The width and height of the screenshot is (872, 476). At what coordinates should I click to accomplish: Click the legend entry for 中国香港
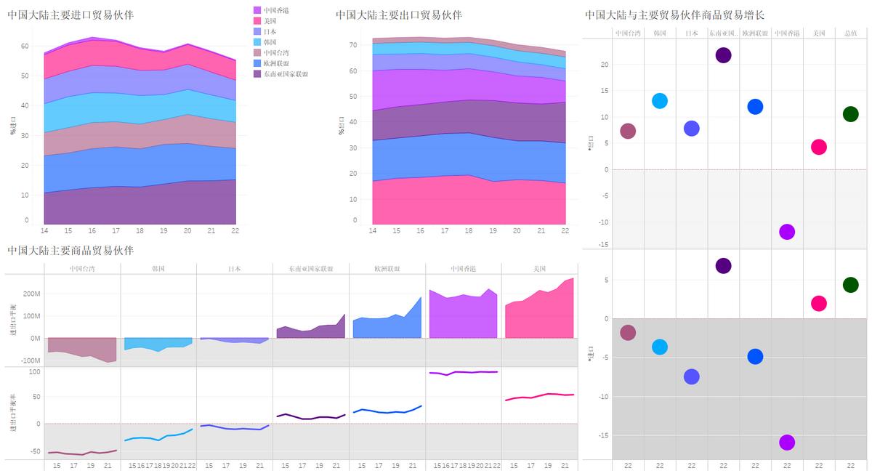(274, 10)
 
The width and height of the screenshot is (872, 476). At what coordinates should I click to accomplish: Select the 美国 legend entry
(270, 21)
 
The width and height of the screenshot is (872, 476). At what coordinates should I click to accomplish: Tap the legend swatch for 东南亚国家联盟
(257, 74)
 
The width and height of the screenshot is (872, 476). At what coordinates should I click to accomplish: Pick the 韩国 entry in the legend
(270, 42)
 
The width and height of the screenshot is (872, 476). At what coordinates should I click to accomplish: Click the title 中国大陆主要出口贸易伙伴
(398, 15)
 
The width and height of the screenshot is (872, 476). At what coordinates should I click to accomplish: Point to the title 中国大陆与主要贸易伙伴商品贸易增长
(674, 15)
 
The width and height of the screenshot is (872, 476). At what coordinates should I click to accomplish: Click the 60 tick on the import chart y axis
(25, 46)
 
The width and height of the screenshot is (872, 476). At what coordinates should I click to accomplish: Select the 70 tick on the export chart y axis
(353, 45)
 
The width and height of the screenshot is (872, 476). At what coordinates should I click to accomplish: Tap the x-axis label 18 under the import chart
(140, 230)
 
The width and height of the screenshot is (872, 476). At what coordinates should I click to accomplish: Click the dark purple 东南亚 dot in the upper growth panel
(723, 55)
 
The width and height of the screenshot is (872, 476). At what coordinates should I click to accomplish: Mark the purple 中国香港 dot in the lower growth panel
(787, 443)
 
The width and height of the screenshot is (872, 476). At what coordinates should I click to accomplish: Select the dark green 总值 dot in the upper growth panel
(850, 114)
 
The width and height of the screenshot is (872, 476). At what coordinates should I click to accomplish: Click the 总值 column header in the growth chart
(850, 33)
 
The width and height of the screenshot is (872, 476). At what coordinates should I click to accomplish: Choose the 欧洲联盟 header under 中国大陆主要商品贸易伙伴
(387, 269)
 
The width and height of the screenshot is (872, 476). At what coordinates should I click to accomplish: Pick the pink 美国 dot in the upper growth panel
(819, 147)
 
